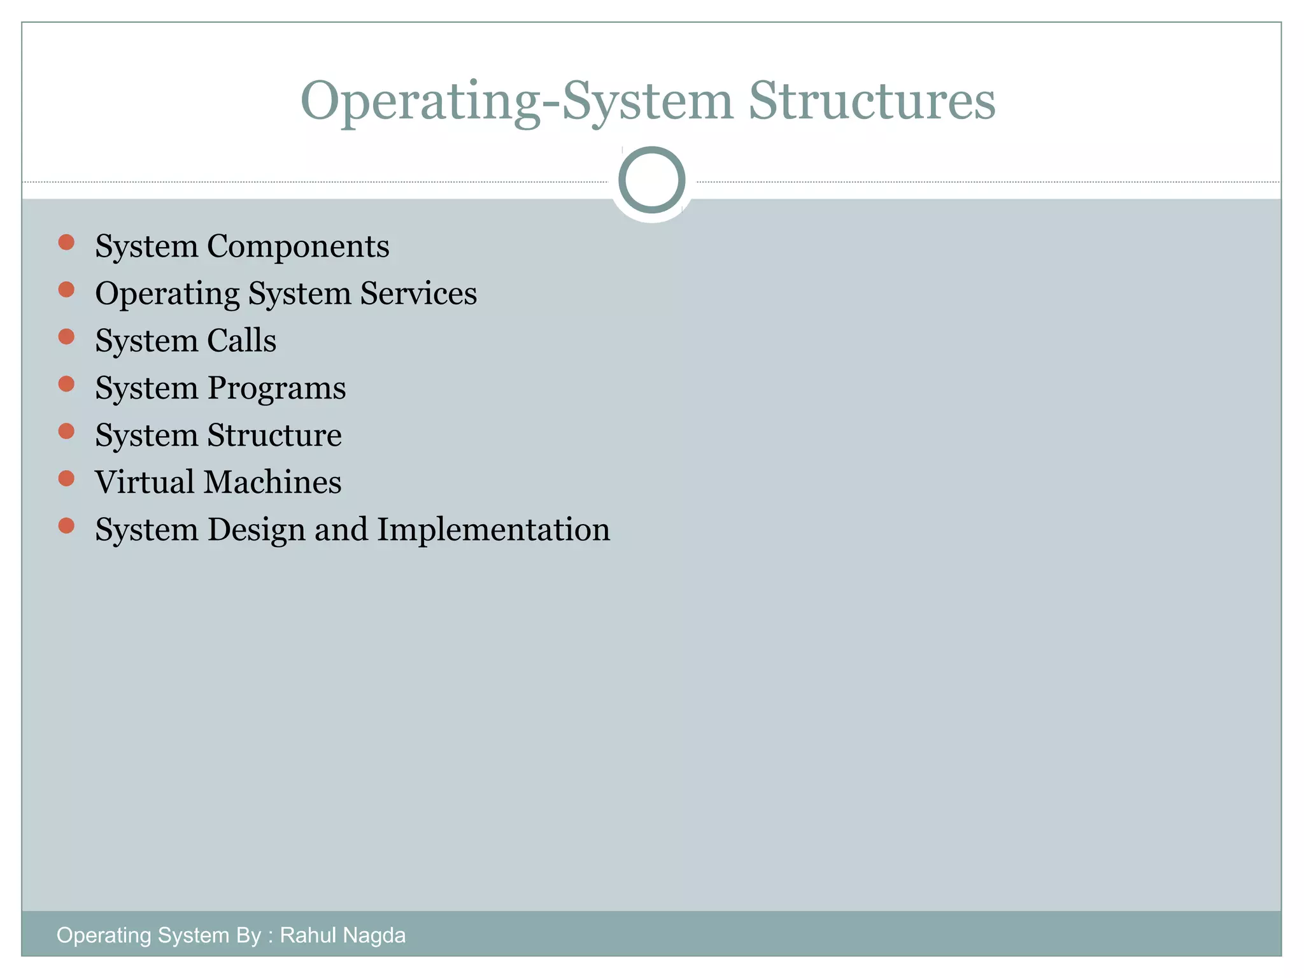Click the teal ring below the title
[651, 180]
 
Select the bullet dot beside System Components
[66, 242]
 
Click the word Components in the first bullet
[298, 246]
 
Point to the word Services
[418, 294]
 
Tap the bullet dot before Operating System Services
[66, 290]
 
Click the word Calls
[242, 341]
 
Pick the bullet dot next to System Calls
[66, 336]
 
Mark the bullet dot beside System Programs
[66, 384]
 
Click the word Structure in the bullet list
[274, 436]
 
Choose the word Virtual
[145, 482]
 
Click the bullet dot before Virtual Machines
[66, 478]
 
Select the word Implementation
[493, 530]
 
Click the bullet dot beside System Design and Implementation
[66, 525]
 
